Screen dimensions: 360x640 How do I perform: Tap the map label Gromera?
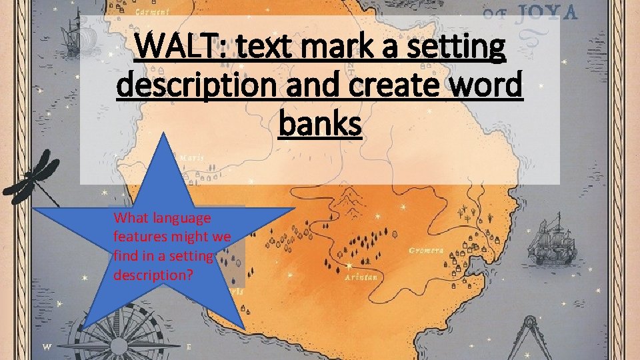pyautogui.click(x=427, y=251)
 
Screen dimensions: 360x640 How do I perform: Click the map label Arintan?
pyautogui.click(x=361, y=277)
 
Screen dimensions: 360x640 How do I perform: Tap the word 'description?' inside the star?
pyautogui.click(x=153, y=275)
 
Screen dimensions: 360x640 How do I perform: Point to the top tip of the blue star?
pyautogui.click(x=162, y=133)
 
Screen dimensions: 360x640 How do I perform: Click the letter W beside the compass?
pyautogui.click(x=47, y=347)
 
